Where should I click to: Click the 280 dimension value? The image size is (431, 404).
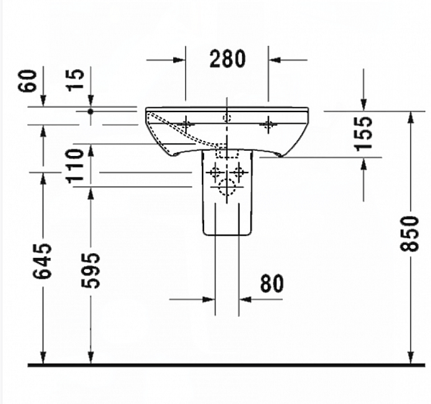coord(227,59)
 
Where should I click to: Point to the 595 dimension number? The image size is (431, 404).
coord(91,270)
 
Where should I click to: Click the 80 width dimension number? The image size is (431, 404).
coord(271,283)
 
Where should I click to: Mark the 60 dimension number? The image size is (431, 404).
coord(29,81)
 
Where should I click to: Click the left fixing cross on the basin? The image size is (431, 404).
coord(186,124)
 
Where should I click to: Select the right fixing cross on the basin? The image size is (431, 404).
coord(269,124)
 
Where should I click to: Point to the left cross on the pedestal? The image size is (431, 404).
coord(214,173)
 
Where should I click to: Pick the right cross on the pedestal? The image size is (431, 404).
coord(241,173)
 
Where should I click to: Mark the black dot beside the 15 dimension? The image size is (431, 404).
coord(91,111)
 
